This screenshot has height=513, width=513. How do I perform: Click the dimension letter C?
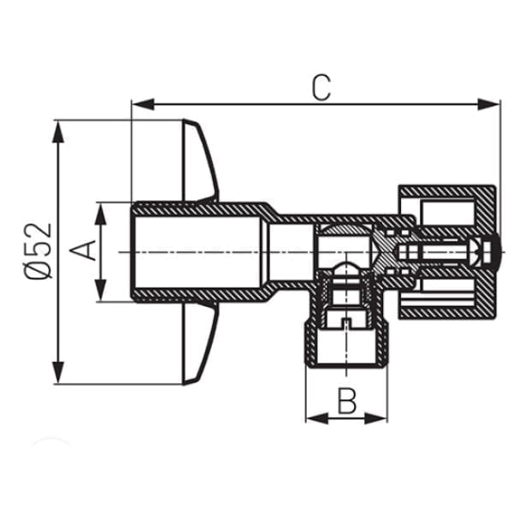(x=321, y=88)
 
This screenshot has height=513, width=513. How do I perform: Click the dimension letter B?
(x=347, y=401)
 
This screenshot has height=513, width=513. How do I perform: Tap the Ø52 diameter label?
(x=38, y=251)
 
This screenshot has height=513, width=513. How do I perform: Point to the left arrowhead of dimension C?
(x=143, y=104)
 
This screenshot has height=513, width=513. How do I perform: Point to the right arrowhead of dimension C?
(x=488, y=104)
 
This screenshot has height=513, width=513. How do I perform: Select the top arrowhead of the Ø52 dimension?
(x=58, y=132)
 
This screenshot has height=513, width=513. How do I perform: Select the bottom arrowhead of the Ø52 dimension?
(x=58, y=372)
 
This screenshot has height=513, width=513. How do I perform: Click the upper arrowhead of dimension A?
(x=101, y=214)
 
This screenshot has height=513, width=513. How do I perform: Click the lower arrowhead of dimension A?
(x=101, y=290)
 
